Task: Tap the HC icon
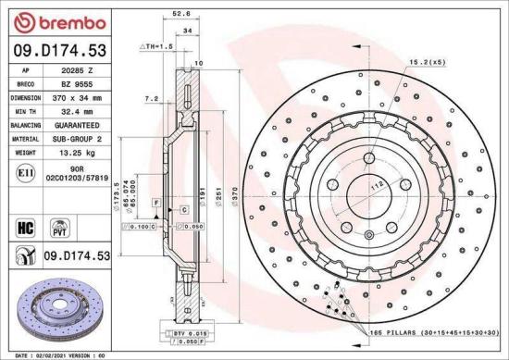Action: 25,225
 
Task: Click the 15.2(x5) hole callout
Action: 426,62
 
